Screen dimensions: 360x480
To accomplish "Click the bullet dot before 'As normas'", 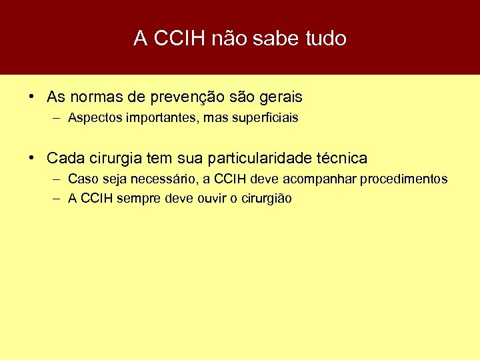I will [x=32, y=97].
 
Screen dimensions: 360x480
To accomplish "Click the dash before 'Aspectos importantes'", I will [x=55, y=118].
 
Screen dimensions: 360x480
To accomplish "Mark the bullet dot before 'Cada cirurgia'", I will [x=32, y=158].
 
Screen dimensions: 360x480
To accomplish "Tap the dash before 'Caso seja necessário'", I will [x=55, y=179].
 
